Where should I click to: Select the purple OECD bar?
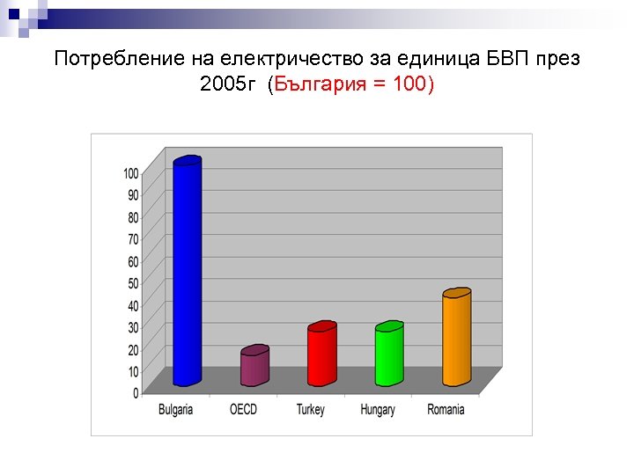pyautogui.click(x=254, y=366)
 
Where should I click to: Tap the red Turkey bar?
pyautogui.click(x=321, y=354)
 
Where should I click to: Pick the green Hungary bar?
pyautogui.click(x=388, y=354)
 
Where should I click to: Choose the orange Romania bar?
pyautogui.click(x=456, y=338)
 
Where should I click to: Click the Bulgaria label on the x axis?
pyautogui.click(x=175, y=410)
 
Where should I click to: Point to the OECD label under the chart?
pyautogui.click(x=243, y=410)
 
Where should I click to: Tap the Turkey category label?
pyautogui.click(x=310, y=410)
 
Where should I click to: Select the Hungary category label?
pyautogui.click(x=378, y=410)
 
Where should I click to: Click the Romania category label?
pyautogui.click(x=446, y=410)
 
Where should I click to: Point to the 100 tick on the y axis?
pyautogui.click(x=130, y=172)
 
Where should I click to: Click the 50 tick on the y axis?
pyautogui.click(x=133, y=283)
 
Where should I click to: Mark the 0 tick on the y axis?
pyautogui.click(x=136, y=393)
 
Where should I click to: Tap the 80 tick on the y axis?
pyautogui.click(x=133, y=216)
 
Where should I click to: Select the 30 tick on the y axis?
pyautogui.click(x=133, y=327)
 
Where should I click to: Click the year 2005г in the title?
pyautogui.click(x=231, y=85)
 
